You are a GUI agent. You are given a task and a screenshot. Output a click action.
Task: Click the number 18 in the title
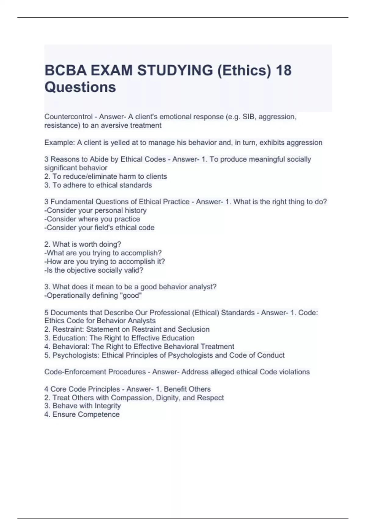tap(283, 70)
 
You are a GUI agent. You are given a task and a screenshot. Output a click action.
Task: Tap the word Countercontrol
tap(68, 117)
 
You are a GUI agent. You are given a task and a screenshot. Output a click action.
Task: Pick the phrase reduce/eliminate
tap(90, 176)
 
